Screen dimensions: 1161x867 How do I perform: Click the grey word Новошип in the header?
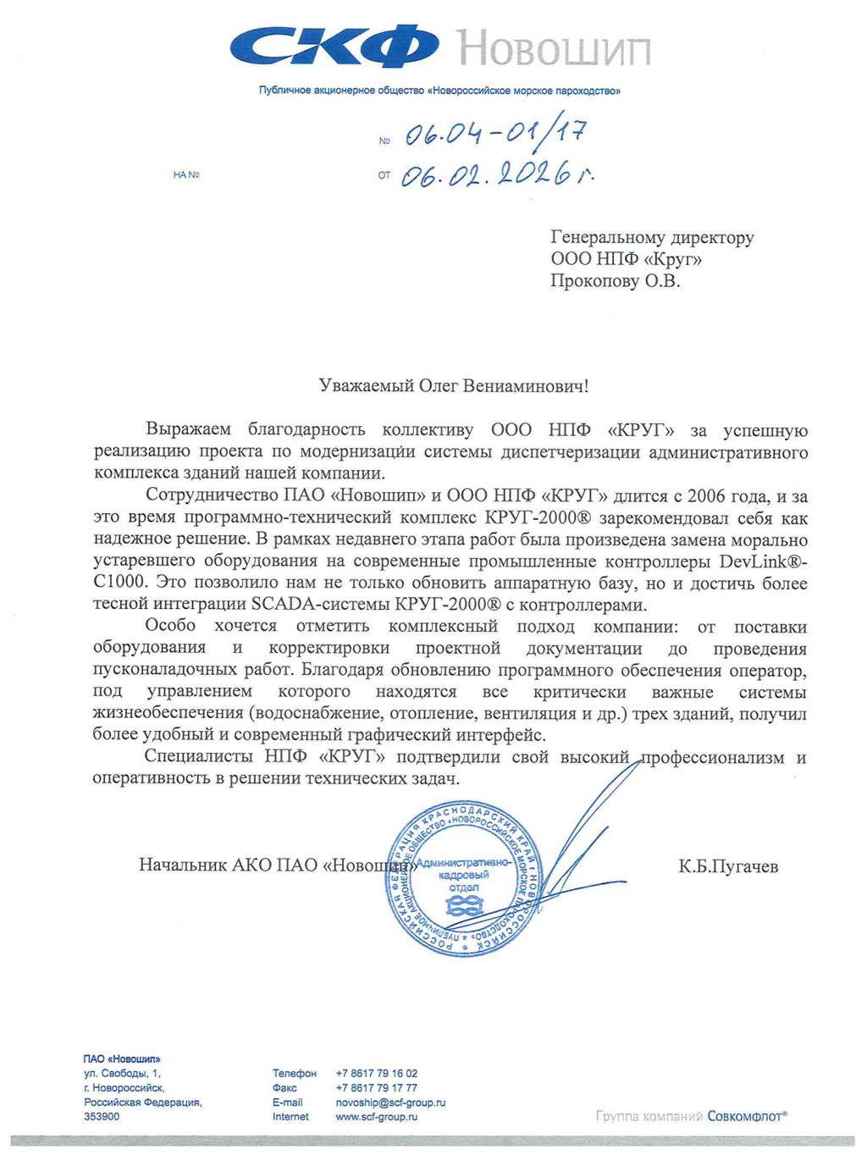click(x=555, y=48)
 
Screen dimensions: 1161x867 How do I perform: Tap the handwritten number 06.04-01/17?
click(x=494, y=134)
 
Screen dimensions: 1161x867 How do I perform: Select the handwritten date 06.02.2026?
click(x=495, y=174)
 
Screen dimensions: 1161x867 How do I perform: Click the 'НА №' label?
click(x=185, y=175)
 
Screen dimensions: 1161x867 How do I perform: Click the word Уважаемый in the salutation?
click(x=366, y=386)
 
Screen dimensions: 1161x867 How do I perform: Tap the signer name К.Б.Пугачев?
click(x=727, y=866)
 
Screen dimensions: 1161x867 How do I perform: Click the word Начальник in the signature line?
click(x=182, y=865)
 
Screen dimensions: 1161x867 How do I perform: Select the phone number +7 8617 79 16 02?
click(x=377, y=1073)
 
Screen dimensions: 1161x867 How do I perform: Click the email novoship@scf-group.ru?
click(x=390, y=1103)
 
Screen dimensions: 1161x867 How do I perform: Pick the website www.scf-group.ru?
click(x=377, y=1117)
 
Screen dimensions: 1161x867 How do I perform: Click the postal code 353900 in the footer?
click(x=102, y=1117)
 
